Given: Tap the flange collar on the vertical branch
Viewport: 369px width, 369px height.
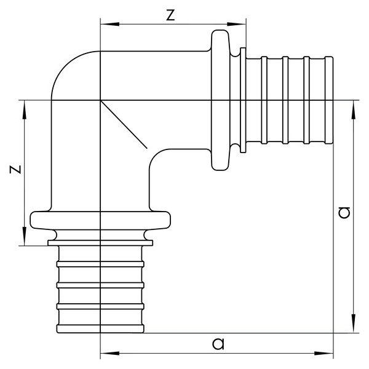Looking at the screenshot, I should point(100,220).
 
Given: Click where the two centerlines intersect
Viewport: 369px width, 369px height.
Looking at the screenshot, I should point(100,100).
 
